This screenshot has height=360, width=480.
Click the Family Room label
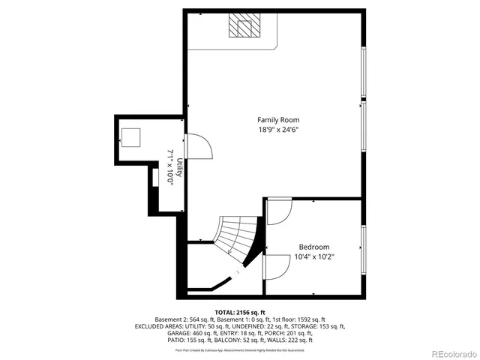point(278,120)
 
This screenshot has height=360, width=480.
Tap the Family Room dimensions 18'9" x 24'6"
point(278,130)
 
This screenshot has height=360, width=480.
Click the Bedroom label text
point(313,247)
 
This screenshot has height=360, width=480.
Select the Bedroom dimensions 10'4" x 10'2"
point(313,256)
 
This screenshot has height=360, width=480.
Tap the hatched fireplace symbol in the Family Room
point(244,26)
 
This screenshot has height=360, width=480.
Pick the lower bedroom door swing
point(277,266)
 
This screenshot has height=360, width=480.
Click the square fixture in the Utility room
point(131,137)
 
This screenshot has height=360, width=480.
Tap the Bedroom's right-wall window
point(364,247)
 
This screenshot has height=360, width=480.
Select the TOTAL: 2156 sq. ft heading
point(240,312)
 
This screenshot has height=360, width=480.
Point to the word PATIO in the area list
point(156,340)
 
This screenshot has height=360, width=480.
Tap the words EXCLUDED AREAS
point(159,326)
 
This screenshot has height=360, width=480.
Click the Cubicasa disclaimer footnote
point(240,349)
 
